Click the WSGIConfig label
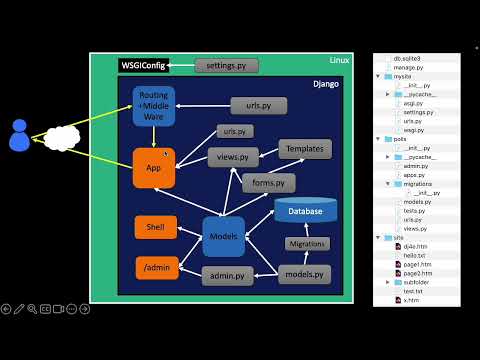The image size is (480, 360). coord(141,66)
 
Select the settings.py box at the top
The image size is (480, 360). coord(226,66)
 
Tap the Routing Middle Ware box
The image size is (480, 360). coord(154,106)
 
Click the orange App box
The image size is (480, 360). coord(154,168)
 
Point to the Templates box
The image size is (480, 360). coord(305,149)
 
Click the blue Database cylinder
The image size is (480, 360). coord(305,211)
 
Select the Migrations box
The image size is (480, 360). coord(308,244)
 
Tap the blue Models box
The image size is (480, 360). coord(225,237)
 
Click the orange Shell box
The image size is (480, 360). coord(155,227)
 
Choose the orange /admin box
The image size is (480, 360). coord(155,268)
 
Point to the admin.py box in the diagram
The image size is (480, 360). coord(228,275)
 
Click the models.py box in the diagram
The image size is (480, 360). coord(305,274)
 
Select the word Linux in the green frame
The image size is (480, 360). coord(340,62)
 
